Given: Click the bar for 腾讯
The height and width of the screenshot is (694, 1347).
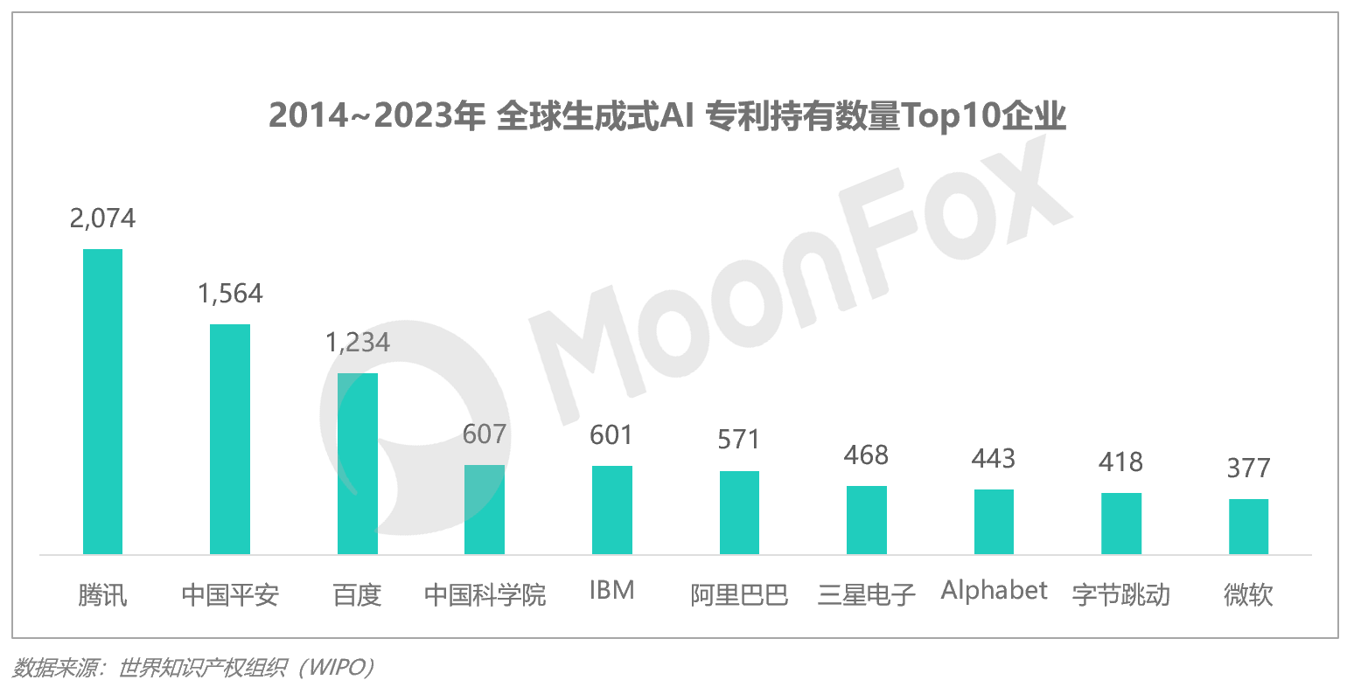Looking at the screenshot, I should pos(102,401).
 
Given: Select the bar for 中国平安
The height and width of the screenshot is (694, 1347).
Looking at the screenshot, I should pos(230,439).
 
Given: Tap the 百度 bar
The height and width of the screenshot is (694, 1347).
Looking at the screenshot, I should pos(358,463).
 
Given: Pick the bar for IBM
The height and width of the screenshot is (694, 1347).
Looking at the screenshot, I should pos(612,510).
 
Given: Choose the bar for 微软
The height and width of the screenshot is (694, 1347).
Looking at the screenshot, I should pos(1248,526).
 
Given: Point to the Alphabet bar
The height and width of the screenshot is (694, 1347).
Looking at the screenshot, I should pos(994,522).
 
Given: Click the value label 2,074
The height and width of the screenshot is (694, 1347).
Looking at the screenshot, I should pos(102,218).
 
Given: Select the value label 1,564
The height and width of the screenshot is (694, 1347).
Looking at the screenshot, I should pos(230,294).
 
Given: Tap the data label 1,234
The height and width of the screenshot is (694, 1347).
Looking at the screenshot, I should pos(358,343).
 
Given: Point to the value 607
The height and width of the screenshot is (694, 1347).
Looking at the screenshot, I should pos(485,434).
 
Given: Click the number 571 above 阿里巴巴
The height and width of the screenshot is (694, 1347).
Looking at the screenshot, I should pos(739,440).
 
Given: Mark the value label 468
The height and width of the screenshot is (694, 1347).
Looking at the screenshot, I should pos(866,455).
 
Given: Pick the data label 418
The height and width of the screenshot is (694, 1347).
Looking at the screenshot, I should pos(1120,462).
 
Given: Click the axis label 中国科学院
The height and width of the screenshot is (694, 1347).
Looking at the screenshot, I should pos(485,595).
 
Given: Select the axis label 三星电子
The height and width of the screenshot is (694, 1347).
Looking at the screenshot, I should pos(866,595).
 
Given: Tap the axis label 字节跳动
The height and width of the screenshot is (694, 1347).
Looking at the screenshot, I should pos(1120,595).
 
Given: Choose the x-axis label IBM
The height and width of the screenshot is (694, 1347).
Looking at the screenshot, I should pos(612,591).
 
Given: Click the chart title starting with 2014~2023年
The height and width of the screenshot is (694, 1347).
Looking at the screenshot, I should pos(667,115).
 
